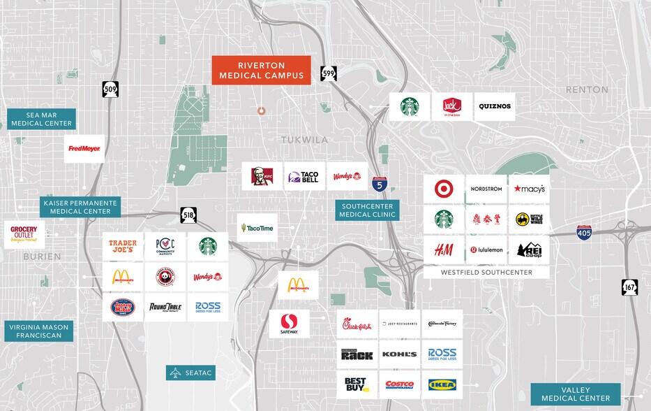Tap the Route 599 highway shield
(x=328, y=73)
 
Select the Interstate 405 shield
(x=585, y=232)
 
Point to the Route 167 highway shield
(x=630, y=288)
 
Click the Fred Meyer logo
(x=84, y=148)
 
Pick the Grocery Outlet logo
(x=24, y=234)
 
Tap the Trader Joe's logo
(x=123, y=246)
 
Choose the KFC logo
(x=262, y=177)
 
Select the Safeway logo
(x=290, y=324)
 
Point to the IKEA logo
(x=442, y=384)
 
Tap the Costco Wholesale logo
(x=400, y=384)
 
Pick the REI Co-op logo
(x=529, y=250)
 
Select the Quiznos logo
(x=495, y=107)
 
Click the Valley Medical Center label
(x=576, y=394)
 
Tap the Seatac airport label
(x=190, y=373)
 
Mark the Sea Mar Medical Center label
(x=42, y=119)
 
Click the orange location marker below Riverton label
(x=262, y=110)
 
